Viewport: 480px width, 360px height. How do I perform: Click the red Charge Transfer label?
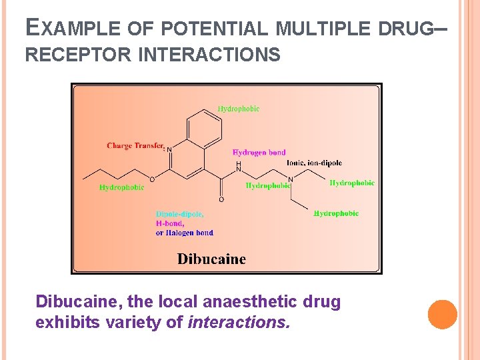tap(135, 145)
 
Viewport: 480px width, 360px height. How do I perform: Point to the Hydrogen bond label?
tap(259, 153)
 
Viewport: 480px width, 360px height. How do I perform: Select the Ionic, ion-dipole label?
tap(314, 163)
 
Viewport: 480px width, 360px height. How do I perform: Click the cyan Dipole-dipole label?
tap(180, 214)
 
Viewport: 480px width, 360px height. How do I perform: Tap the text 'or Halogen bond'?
tap(185, 233)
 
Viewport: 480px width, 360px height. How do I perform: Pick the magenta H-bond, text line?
tap(170, 223)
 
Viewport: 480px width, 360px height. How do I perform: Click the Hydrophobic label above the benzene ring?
tap(239, 109)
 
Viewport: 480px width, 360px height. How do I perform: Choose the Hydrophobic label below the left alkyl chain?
tap(121, 188)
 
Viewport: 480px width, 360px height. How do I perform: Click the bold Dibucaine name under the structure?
tap(211, 259)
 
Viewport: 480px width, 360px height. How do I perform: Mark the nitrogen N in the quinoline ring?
tap(169, 150)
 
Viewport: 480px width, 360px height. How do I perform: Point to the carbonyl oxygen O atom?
tap(221, 199)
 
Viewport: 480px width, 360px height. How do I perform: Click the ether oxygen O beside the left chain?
tap(152, 179)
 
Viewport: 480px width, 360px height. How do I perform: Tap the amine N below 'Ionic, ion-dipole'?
tap(290, 179)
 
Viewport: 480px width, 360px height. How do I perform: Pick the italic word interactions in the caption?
tap(239, 323)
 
